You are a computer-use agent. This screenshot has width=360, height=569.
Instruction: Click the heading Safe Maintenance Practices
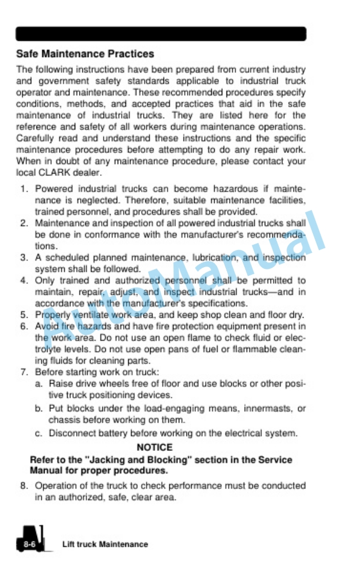(85, 54)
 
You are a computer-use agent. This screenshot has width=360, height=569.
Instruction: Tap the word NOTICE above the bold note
(155, 448)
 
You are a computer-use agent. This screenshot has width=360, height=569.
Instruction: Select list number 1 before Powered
(24, 189)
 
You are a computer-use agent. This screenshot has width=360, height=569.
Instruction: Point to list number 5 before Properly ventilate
(24, 314)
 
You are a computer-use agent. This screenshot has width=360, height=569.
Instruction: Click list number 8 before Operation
(24, 486)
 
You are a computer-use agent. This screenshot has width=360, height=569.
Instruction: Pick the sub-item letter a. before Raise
(38, 384)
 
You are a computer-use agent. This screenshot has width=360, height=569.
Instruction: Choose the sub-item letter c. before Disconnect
(38, 434)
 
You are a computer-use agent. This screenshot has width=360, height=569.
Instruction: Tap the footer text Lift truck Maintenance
(105, 544)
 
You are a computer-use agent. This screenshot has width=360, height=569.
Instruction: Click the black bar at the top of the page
(161, 34)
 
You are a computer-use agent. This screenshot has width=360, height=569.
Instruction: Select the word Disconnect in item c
(71, 434)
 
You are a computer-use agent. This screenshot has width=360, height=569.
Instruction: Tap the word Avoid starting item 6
(45, 326)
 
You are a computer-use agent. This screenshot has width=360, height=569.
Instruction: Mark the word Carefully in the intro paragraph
(35, 138)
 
